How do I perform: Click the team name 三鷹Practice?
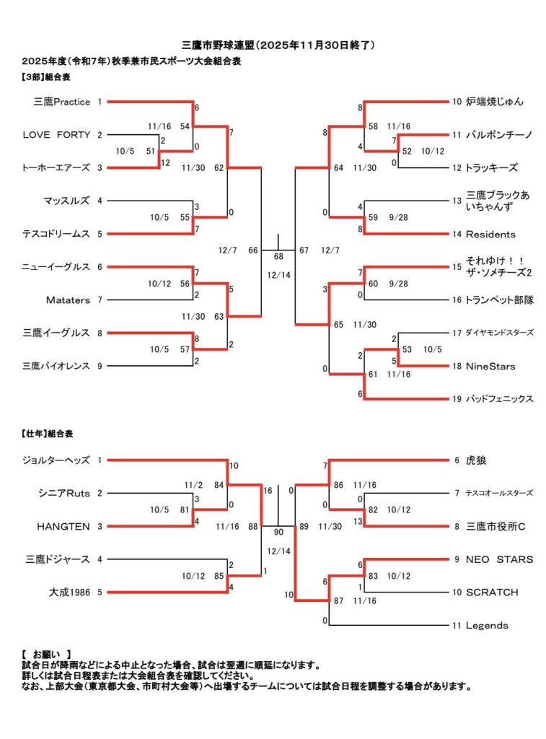pyautogui.click(x=62, y=102)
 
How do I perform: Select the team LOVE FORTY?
pyautogui.click(x=57, y=134)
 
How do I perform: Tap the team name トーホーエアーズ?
pyautogui.click(x=56, y=167)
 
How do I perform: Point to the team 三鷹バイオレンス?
pyautogui.click(x=57, y=366)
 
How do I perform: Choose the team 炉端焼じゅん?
pyautogui.click(x=495, y=102)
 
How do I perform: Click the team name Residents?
pyautogui.click(x=490, y=234)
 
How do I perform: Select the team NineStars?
pyautogui.click(x=490, y=366)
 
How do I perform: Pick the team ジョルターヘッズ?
pyautogui.click(x=57, y=460)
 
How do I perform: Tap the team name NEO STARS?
pyautogui.click(x=499, y=559)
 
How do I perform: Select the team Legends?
pyautogui.click(x=487, y=625)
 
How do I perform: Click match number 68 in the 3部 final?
pyautogui.click(x=278, y=257)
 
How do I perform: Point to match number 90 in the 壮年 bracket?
pyautogui.click(x=278, y=533)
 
